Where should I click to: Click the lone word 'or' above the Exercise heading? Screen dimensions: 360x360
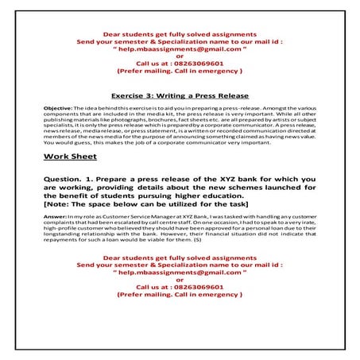point(180,56)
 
